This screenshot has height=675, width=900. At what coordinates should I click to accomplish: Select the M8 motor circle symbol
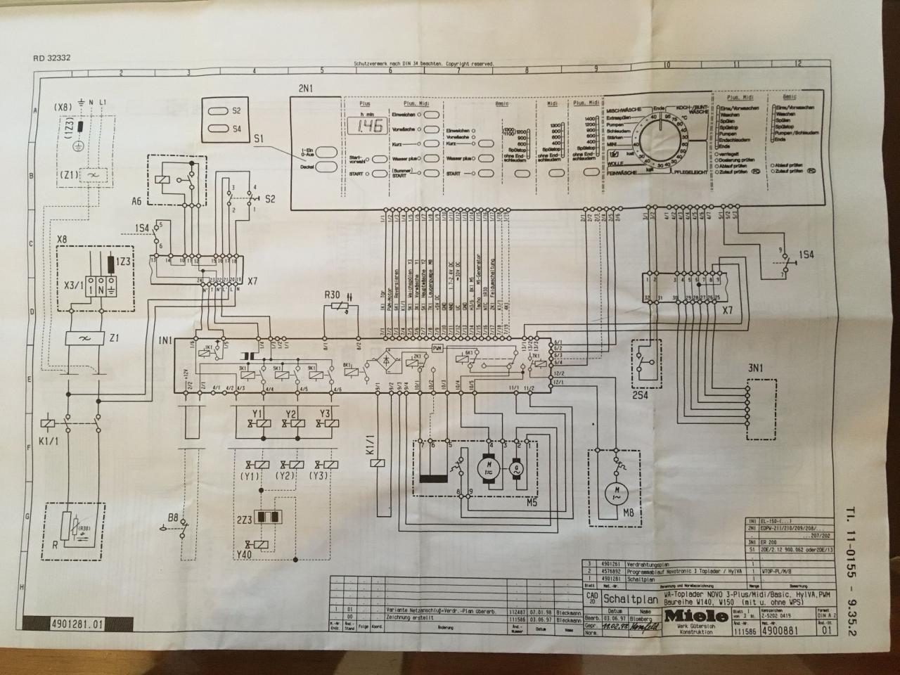(617, 491)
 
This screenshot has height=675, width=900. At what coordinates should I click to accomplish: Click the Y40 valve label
(245, 554)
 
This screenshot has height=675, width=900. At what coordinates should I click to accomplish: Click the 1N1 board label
(165, 340)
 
